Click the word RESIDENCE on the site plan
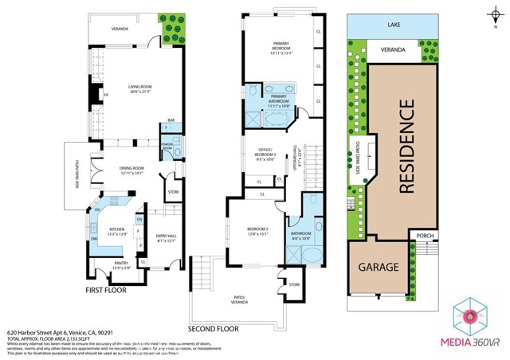click(406, 147)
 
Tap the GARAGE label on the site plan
click(378, 267)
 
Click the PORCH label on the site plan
click(424, 234)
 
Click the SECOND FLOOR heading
click(214, 328)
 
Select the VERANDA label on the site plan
click(393, 50)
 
